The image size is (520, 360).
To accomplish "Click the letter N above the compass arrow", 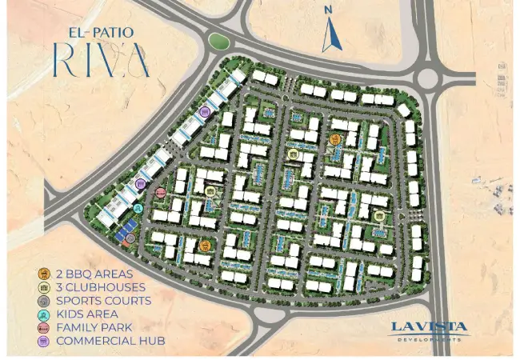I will [x=327, y=10].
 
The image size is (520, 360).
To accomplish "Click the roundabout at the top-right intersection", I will [x=426, y=78].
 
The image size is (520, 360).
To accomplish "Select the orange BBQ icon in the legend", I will [x=42, y=274].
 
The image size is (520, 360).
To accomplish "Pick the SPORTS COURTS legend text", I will [x=104, y=301].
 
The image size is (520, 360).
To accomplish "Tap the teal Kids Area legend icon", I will [x=42, y=314].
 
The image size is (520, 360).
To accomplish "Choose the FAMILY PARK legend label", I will [x=94, y=328].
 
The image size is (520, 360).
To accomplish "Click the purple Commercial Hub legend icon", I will [x=42, y=342].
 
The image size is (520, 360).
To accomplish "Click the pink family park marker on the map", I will [x=160, y=193].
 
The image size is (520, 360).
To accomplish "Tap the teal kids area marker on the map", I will [x=138, y=210].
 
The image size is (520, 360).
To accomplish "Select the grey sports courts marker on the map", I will [x=130, y=238].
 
